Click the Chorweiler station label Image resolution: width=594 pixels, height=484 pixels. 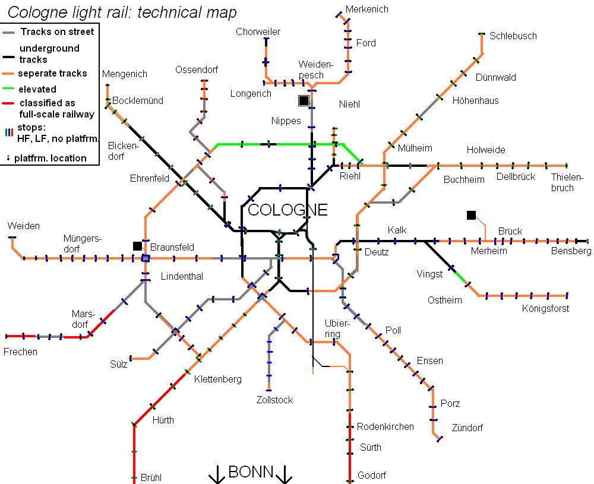click(x=258, y=32)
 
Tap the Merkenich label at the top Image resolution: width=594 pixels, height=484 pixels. click(x=366, y=10)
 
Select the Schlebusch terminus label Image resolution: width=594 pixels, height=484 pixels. click(x=513, y=36)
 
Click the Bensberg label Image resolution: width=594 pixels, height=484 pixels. click(x=571, y=251)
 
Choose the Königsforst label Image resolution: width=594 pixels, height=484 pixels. click(x=545, y=309)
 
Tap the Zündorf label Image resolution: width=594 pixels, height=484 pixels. click(x=467, y=428)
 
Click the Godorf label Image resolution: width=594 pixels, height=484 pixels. click(x=372, y=475)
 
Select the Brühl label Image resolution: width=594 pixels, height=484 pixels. click(x=151, y=477)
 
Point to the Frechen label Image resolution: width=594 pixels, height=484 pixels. click(x=20, y=352)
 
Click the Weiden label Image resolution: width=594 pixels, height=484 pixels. click(x=24, y=226)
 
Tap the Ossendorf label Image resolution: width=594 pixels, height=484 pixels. click(x=197, y=69)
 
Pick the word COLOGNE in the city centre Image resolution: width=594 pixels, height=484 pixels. click(x=287, y=210)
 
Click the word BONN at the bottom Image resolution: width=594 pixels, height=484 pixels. click(x=251, y=472)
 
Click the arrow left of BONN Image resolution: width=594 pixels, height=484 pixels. click(x=217, y=474)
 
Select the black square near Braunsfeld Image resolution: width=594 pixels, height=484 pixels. click(x=138, y=246)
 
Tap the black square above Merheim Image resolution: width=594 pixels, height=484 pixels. click(x=471, y=215)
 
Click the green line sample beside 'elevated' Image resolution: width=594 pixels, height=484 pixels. click(x=8, y=89)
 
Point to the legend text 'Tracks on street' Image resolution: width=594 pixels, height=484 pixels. click(x=57, y=32)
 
